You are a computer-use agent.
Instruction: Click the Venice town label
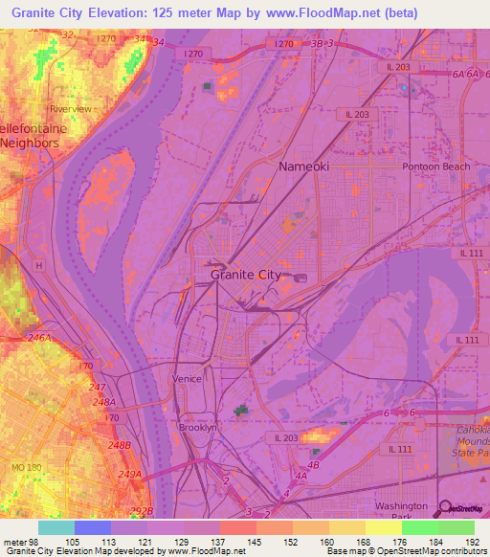[188, 379]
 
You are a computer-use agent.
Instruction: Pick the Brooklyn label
[198, 428]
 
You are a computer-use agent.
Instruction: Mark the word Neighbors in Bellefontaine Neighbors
[30, 143]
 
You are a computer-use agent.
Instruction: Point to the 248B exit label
[119, 445]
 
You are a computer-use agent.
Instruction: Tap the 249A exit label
[129, 475]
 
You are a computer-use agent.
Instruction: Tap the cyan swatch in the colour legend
[56, 527]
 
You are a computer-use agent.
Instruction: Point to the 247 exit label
[97, 387]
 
